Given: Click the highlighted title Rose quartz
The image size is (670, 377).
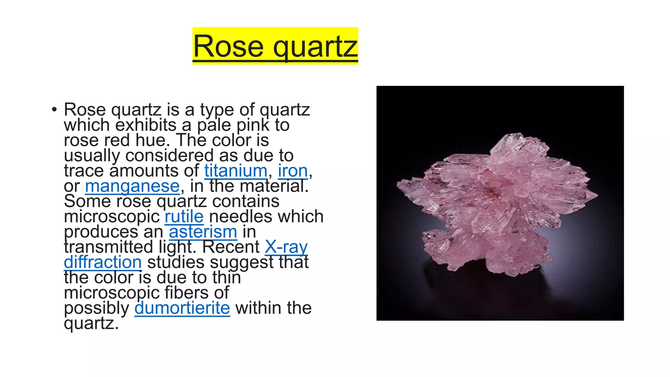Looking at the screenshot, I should click(275, 46).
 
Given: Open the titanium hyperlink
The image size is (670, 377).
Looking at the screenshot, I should click(236, 171).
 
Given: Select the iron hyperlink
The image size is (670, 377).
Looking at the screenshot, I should click(293, 171).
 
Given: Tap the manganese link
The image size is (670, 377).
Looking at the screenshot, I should click(132, 186).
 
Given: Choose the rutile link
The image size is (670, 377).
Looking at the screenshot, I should click(184, 217).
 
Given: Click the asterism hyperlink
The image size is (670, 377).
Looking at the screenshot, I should click(203, 232).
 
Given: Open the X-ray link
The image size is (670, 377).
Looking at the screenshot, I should click(286, 247).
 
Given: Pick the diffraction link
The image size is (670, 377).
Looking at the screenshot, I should click(103, 262).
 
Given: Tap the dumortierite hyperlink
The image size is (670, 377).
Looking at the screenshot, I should click(182, 308).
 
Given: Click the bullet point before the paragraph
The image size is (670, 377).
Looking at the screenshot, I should click(54, 110).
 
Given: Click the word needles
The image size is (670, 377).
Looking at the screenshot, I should click(242, 217).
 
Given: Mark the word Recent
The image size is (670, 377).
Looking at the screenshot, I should click(231, 247).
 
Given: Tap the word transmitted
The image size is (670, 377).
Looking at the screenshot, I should click(108, 247).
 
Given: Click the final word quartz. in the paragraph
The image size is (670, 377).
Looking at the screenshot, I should click(91, 323).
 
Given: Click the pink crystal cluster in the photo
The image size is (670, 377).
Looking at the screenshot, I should click(497, 206).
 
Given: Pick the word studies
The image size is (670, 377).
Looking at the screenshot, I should click(176, 262).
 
